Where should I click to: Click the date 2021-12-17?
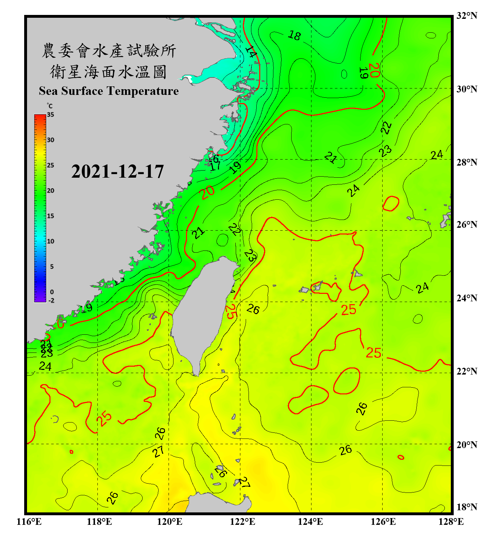point(117,172)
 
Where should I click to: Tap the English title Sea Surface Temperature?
point(109,91)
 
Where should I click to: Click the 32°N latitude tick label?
point(466,16)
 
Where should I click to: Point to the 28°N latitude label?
point(466,162)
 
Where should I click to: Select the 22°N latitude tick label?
point(466,371)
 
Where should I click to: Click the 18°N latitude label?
point(466,507)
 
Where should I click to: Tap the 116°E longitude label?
point(29,522)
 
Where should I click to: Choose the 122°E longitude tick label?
point(242,522)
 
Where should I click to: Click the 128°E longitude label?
point(451,522)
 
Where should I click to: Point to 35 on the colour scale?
point(50,115)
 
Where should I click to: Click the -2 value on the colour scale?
point(51,301)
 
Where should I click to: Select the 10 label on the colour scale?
point(50,241)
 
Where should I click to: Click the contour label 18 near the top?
point(294,36)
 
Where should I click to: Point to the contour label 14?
point(251,52)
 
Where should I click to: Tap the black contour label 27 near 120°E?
point(158,452)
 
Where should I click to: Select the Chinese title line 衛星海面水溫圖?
point(108,72)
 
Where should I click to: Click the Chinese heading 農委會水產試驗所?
point(108,51)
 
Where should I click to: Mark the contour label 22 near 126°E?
point(386,128)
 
